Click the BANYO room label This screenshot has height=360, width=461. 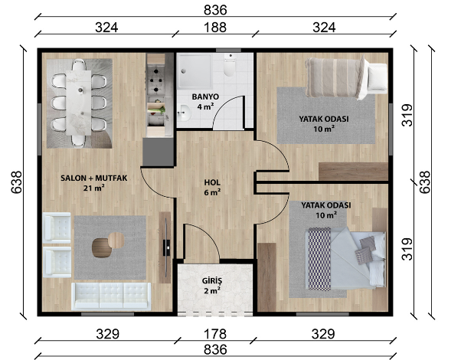205,97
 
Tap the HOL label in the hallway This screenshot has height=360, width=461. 212,182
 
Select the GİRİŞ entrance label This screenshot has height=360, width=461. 212,280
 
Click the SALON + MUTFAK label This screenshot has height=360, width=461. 93,178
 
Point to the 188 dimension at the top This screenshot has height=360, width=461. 215,28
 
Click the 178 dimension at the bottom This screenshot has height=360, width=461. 215,334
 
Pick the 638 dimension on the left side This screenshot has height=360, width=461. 17,182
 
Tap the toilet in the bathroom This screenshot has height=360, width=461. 229,64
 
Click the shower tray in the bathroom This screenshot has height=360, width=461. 195,71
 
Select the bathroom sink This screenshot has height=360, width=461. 184,113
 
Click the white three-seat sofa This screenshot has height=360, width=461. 111,296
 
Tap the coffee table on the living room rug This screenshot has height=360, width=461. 108,244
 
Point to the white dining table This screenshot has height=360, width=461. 79,103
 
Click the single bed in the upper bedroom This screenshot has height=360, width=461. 346,77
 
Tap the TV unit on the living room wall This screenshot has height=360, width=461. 165,247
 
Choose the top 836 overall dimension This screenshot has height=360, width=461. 215,10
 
